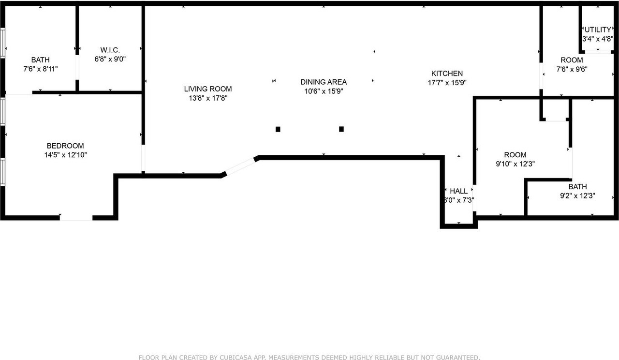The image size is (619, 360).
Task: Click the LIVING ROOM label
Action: point(207,89)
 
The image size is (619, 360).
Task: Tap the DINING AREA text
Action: point(323,82)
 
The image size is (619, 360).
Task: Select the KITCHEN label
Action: point(447,74)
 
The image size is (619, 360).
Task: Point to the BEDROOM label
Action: point(65,146)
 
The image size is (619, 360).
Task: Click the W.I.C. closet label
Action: point(110,50)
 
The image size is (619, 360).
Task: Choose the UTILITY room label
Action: point(598,30)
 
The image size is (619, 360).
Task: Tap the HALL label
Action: point(458,191)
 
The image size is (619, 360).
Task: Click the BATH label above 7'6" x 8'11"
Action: point(40,60)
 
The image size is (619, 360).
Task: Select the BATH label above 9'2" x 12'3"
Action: point(577,187)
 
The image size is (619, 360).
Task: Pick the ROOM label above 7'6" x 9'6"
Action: point(572,60)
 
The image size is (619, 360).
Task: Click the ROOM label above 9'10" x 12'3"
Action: point(515,155)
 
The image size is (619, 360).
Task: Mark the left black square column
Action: point(278,129)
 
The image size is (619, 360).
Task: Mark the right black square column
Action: point(341,129)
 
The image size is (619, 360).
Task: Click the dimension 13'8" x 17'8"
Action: point(207,98)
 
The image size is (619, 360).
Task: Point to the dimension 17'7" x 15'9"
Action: point(447,83)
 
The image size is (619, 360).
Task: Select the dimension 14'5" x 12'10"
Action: point(65,155)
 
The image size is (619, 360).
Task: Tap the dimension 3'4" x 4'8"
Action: point(598,39)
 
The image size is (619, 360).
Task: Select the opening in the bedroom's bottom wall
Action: point(76,218)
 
